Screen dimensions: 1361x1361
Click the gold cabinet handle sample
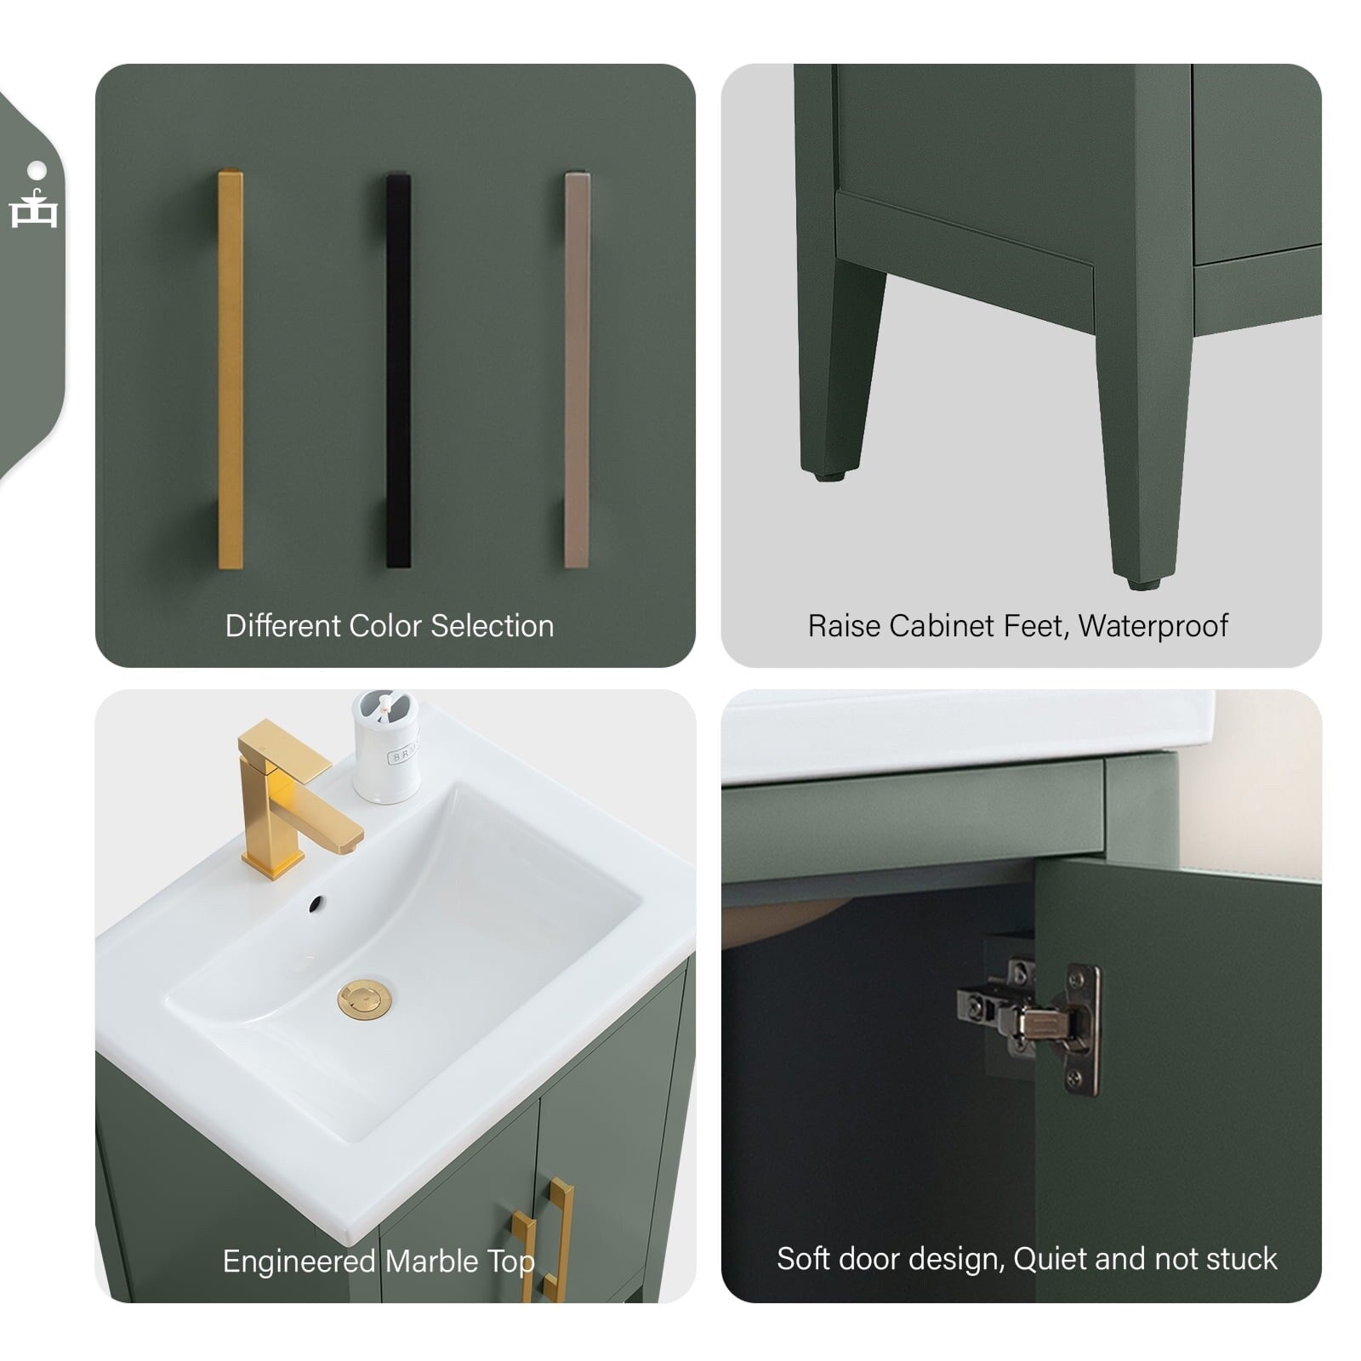point(231,368)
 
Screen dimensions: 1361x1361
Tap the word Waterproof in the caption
point(1153,626)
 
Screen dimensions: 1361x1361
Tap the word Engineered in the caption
point(299,1261)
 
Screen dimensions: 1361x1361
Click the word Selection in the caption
point(493,626)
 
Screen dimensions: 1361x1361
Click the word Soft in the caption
point(804,1259)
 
